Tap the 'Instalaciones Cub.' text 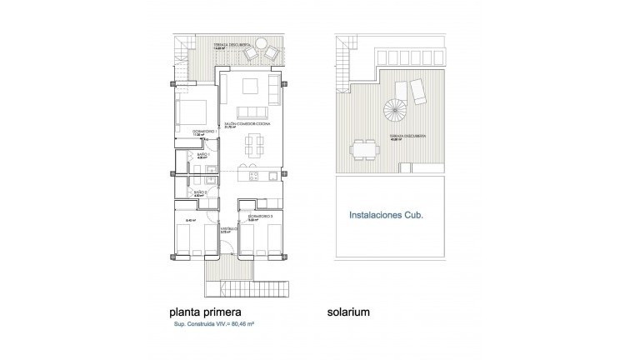(x=384, y=214)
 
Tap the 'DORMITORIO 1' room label (x=193, y=132)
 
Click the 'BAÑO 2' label (x=200, y=192)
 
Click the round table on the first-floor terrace (x=261, y=41)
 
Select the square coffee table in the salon (x=252, y=86)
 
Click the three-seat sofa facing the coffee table (x=252, y=112)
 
